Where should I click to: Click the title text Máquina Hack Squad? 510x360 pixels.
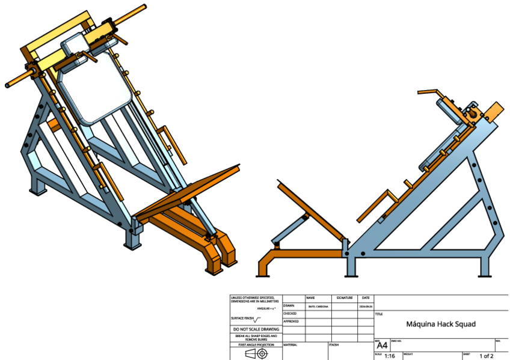[441, 324]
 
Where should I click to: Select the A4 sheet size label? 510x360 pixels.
[382, 346]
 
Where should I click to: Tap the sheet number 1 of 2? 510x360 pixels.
[486, 356]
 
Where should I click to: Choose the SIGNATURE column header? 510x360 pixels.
[345, 297]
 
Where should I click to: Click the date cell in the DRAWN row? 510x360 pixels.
[366, 306]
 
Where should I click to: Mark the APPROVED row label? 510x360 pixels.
[292, 322]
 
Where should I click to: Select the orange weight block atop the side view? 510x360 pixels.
[494, 114]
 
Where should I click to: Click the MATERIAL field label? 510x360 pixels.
[291, 345]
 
